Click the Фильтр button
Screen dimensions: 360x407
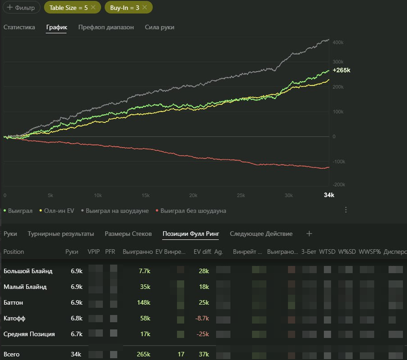pos(20,8)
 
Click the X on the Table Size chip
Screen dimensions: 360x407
pos(93,8)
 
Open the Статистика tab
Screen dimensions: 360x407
pos(19,27)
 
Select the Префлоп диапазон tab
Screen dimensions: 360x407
pos(106,27)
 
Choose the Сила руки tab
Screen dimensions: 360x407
pos(159,27)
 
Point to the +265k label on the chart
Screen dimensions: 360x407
pos(341,70)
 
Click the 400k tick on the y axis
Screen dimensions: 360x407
pos(338,42)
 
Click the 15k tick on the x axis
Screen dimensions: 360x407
pos(146,195)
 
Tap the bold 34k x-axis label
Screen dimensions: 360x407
pos(329,195)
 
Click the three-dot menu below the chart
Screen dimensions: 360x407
pos(346,210)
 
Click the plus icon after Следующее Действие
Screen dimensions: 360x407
pos(309,234)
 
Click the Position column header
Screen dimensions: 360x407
pos(14,252)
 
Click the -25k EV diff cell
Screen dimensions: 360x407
pos(202,334)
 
